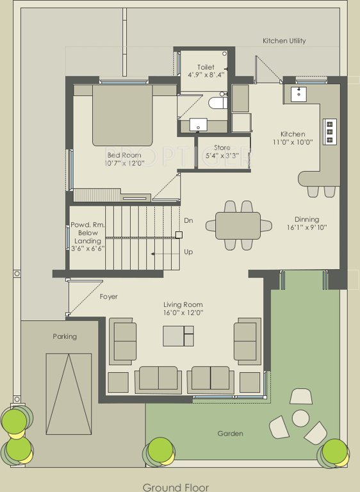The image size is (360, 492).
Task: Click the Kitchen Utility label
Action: [284, 41]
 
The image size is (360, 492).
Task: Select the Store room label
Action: [222, 148]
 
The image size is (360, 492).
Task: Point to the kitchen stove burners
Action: [330, 132]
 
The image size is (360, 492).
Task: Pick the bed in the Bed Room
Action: [122, 115]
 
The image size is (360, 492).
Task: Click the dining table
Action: [238, 225]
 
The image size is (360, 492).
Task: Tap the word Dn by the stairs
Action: [188, 220]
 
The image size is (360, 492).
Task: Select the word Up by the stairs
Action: [188, 252]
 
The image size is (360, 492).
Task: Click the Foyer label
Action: [108, 297]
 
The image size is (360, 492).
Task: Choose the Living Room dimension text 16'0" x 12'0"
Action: [183, 313]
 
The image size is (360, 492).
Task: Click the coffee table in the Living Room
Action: [178, 336]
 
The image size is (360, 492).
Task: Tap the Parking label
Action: [65, 336]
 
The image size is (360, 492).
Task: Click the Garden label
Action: [230, 434]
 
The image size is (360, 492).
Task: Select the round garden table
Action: [301, 418]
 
